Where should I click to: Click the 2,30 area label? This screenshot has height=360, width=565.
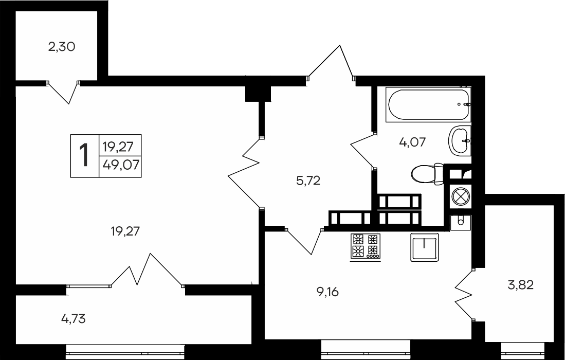pyautogui.click(x=62, y=47)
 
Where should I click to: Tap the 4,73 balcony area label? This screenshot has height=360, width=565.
pyautogui.click(x=73, y=319)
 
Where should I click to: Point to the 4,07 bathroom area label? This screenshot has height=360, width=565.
pyautogui.click(x=412, y=141)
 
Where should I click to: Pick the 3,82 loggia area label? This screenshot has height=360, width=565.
pyautogui.click(x=520, y=285)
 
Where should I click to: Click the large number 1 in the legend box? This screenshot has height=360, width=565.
pyautogui.click(x=84, y=155)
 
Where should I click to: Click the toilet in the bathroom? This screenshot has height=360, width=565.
pyautogui.click(x=428, y=173)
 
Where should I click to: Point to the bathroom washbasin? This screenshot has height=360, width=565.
pyautogui.click(x=459, y=140)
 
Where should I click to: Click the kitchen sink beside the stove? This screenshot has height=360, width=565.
pyautogui.click(x=424, y=248)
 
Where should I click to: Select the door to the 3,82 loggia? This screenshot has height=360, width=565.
pyautogui.click(x=464, y=295)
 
